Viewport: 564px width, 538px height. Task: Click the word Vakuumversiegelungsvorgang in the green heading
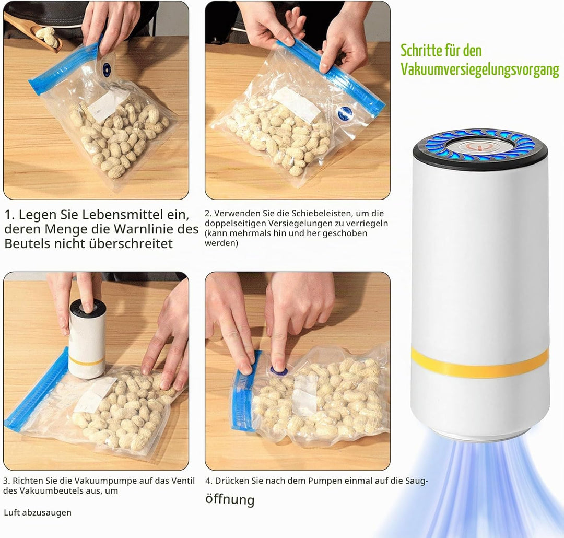(x=480, y=69)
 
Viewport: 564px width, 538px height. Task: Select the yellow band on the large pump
(x=480, y=362)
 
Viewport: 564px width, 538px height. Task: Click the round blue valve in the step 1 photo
(x=106, y=67)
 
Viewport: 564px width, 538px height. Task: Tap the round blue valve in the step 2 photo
(x=345, y=113)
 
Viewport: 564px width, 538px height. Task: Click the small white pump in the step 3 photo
(x=87, y=338)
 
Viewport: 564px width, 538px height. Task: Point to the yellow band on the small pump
(x=86, y=361)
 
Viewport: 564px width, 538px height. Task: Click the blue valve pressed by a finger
(x=277, y=371)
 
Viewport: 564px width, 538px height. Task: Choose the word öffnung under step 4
(x=230, y=499)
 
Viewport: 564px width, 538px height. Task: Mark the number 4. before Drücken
(x=209, y=481)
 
